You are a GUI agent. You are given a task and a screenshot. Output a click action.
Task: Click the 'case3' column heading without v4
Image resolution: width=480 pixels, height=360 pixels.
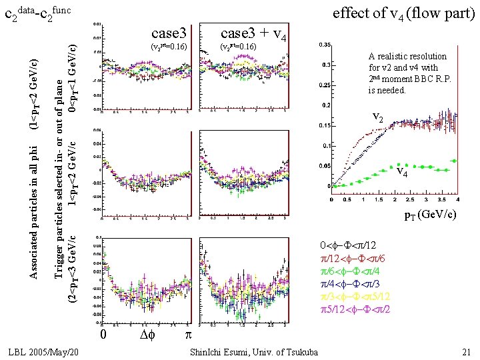pos(167,34)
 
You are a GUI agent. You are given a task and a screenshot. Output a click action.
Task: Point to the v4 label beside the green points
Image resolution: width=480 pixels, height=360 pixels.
pos(401,173)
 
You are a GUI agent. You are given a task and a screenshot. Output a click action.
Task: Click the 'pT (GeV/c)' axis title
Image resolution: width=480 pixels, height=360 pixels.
pos(431,215)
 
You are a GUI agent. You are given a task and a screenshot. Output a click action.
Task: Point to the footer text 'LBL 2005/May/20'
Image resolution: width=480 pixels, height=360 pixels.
pos(47,351)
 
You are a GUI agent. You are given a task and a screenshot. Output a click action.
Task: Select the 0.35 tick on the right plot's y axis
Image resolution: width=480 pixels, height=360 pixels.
pos(324,45)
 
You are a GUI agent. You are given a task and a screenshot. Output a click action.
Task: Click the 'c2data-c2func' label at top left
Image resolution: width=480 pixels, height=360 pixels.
pos(41,14)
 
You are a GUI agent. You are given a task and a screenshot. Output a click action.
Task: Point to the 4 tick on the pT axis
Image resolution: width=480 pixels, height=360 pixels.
pos(458,198)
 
